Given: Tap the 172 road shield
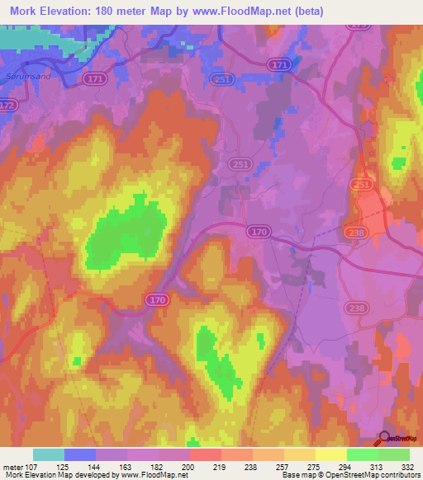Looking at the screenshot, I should pyautogui.click(x=7, y=106).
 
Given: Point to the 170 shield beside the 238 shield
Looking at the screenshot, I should pyautogui.click(x=259, y=232).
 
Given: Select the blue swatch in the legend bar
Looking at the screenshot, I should pyautogui.click(x=80, y=454).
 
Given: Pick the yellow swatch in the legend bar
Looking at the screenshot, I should pyautogui.click(x=330, y=454).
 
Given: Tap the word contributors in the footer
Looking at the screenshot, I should pyautogui.click(x=395, y=475).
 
